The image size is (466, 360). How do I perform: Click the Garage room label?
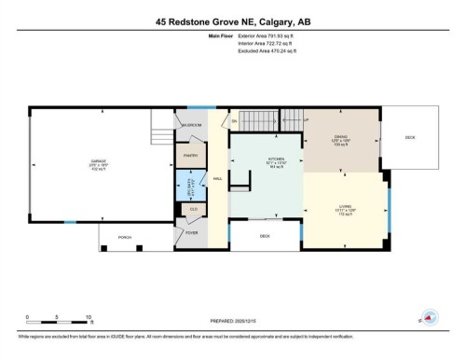click(x=97, y=168)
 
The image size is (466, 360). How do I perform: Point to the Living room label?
click(x=342, y=211)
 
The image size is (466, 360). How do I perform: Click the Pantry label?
click(x=190, y=155)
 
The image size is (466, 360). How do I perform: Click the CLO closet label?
click(x=193, y=209)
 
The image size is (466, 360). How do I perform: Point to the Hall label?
click(x=217, y=178)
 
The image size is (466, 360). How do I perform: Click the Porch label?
click(x=125, y=237)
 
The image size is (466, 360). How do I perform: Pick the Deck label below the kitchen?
click(x=265, y=236)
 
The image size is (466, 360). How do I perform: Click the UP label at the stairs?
click(x=306, y=120)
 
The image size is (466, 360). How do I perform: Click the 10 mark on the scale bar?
click(x=89, y=317)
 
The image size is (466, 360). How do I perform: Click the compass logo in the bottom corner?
click(x=430, y=318)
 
